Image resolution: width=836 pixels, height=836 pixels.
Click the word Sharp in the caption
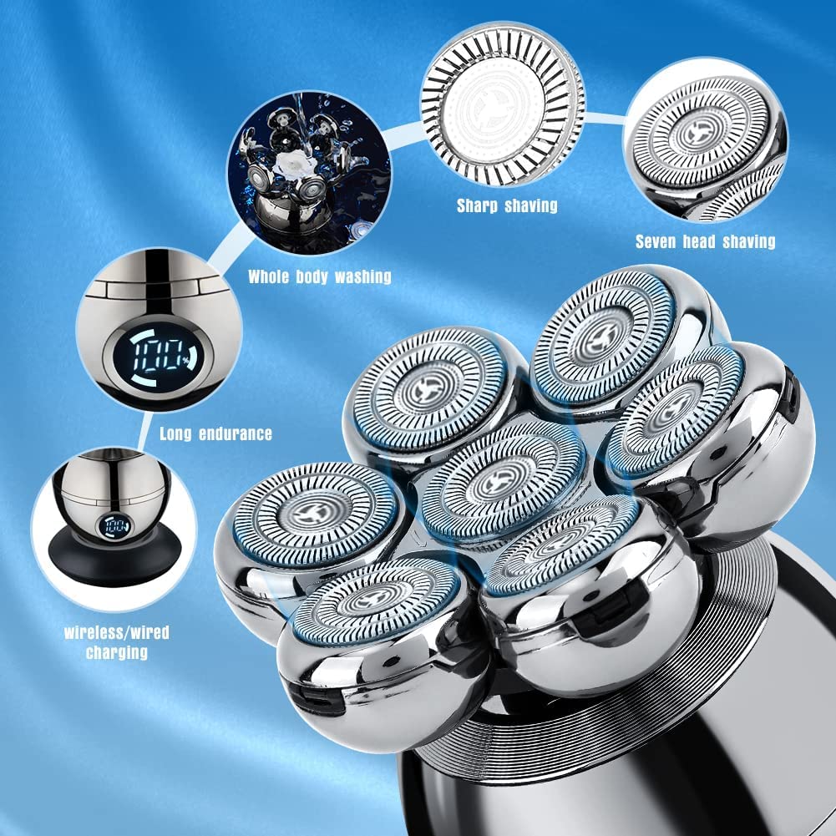[479, 205]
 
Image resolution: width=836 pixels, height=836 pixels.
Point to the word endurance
[236, 433]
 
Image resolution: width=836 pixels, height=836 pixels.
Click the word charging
[117, 651]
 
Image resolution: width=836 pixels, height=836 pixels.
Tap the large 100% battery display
[159, 357]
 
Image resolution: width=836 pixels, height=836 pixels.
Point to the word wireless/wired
[117, 632]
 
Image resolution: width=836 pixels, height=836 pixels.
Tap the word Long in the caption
[176, 433]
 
